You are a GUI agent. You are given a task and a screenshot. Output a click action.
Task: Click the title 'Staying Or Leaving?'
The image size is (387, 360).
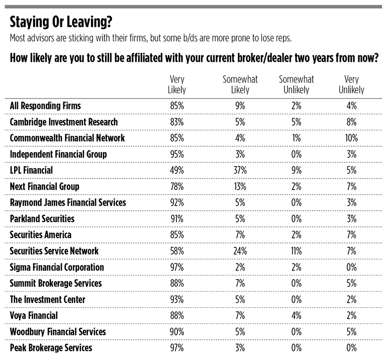61,22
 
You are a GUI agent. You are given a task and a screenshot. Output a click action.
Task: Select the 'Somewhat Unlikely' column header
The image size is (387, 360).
296,84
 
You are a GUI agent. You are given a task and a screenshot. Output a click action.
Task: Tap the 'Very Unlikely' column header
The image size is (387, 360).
351,84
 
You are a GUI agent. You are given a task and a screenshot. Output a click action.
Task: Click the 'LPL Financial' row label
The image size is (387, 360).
31,170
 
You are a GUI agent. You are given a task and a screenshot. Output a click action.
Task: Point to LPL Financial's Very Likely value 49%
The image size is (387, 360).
177,170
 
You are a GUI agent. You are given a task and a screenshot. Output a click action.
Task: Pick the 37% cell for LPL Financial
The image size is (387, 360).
240,170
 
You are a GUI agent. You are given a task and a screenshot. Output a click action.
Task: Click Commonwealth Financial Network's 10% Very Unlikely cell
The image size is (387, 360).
351,138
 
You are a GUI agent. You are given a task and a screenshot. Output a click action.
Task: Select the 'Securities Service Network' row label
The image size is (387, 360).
54,251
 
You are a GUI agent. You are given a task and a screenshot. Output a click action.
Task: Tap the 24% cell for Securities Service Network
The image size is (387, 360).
240,251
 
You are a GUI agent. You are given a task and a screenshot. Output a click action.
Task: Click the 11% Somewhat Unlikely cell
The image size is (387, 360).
296,251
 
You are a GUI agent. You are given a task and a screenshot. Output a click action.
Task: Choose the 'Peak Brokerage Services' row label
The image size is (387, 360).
51,348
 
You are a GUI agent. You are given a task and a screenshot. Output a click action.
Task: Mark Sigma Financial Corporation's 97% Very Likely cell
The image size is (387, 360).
177,267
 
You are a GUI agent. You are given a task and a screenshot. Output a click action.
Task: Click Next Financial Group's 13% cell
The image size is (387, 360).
240,187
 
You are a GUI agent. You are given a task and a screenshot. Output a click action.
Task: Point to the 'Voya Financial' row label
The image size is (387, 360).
34,316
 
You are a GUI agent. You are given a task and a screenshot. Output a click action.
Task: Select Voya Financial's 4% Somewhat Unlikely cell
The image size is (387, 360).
296,316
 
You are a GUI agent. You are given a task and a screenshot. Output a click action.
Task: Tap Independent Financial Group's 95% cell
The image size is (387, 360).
177,154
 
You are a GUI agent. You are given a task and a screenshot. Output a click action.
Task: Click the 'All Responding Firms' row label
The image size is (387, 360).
45,106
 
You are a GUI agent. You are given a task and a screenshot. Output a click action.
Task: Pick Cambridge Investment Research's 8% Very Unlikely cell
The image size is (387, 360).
351,122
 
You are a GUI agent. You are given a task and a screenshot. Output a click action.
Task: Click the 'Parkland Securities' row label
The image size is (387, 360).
42,219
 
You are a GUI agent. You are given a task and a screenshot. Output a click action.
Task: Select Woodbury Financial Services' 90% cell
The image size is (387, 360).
177,332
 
